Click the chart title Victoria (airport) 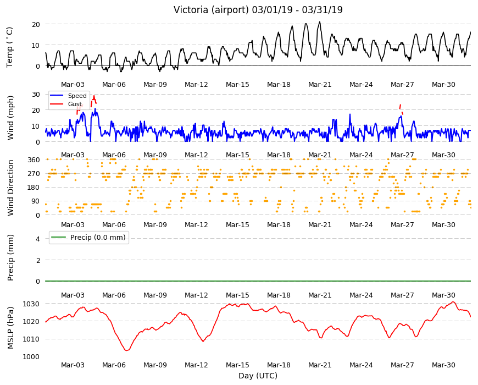click(x=211, y=10)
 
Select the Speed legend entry click(x=77, y=96)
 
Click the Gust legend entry click(x=75, y=104)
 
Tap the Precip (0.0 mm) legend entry click(x=98, y=238)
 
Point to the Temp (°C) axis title click(x=10, y=47)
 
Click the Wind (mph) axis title click(x=10, y=118)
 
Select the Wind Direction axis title click(x=10, y=188)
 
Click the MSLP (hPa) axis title click(x=10, y=327)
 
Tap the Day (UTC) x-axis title click(x=258, y=376)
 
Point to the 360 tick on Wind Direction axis click(x=34, y=159)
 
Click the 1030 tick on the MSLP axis click(x=31, y=304)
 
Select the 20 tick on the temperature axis click(x=36, y=24)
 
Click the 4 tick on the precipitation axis click(x=38, y=239)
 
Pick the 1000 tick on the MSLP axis click(x=31, y=356)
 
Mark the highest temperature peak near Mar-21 click(x=319, y=21)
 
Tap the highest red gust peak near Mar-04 click(x=94, y=96)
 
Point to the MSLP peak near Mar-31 click(x=453, y=302)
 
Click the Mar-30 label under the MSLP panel click(x=443, y=365)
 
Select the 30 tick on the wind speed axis click(x=36, y=94)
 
